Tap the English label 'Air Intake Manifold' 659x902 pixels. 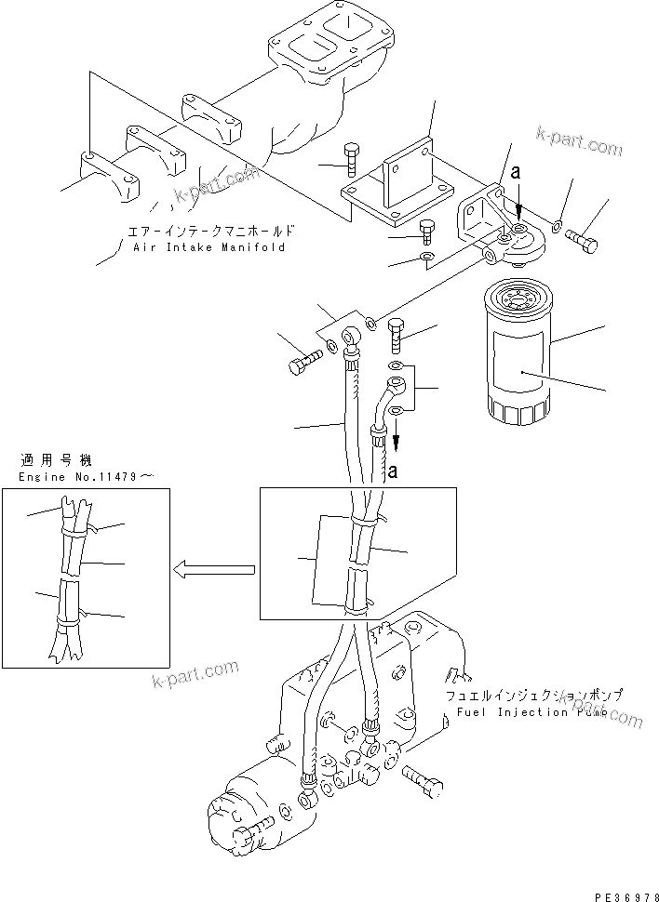tap(208, 248)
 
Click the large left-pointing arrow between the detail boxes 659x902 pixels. tap(213, 567)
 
